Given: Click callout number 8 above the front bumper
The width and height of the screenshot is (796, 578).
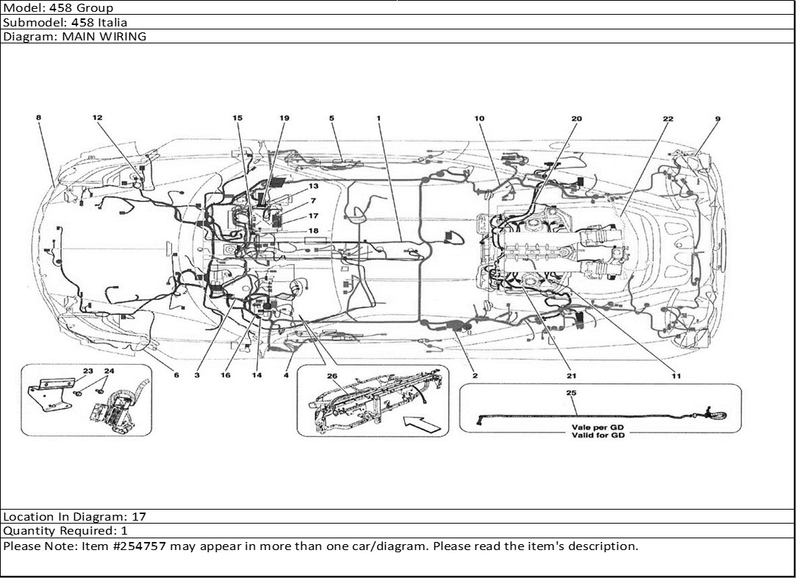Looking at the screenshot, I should pos(38,118).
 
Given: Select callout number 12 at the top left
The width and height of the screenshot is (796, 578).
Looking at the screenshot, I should pos(97,118).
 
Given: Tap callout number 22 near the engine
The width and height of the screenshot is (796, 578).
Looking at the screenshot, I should pos(667,118).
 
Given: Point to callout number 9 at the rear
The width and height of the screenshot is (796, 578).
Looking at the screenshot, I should pos(717,118).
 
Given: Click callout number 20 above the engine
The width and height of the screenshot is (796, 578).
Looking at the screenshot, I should pos(576,118).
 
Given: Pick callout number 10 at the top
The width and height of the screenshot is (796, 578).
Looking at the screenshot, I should pos(479,118).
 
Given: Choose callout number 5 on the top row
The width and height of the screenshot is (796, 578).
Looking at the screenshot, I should pos(331,118).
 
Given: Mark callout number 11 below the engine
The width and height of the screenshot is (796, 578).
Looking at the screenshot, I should pos(675,376).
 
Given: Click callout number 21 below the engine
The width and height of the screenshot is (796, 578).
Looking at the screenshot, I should pos(571,376).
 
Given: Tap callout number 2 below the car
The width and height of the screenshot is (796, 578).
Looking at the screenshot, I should pos(475,376).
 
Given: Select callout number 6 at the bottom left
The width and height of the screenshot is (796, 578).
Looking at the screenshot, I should pos(176,375).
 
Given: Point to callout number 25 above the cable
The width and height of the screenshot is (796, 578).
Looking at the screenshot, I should pos(571,393).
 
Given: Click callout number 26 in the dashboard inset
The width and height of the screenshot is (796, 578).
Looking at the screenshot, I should pos(331,377).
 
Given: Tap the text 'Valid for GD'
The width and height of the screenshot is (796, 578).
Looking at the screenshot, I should pos(600,435).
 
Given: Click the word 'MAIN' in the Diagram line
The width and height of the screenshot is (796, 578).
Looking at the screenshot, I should pos(71,36).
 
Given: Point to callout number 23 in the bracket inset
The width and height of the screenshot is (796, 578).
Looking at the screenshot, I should pos(87,371).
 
